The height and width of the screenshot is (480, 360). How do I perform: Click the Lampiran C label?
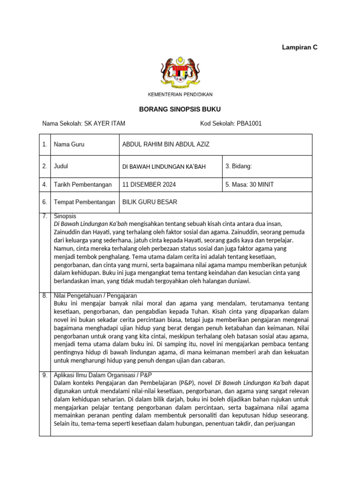click(299, 47)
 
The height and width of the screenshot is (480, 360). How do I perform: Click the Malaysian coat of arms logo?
click(180, 74)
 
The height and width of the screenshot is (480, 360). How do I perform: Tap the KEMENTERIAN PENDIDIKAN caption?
click(180, 95)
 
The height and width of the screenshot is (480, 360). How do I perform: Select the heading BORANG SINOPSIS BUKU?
click(180, 109)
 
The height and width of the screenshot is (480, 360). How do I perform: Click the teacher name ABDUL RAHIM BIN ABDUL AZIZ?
click(166, 144)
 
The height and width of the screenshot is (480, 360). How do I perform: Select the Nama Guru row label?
click(69, 144)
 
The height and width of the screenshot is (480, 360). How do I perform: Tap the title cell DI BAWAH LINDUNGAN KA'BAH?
click(164, 166)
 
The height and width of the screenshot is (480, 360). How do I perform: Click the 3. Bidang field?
click(239, 166)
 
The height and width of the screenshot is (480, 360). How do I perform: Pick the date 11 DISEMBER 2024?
click(149, 185)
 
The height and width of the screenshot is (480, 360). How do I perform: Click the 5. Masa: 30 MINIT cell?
click(249, 185)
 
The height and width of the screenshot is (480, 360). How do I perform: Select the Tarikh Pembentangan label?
click(83, 185)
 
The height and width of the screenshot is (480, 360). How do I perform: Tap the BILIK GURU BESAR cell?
click(150, 202)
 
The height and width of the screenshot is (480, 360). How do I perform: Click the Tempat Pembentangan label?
click(84, 202)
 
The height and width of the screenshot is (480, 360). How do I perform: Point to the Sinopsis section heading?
click(65, 216)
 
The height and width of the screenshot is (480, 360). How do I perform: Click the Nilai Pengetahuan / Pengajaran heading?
click(95, 296)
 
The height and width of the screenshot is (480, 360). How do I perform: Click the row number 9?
click(45, 375)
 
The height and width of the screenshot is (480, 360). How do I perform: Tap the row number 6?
click(45, 202)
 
